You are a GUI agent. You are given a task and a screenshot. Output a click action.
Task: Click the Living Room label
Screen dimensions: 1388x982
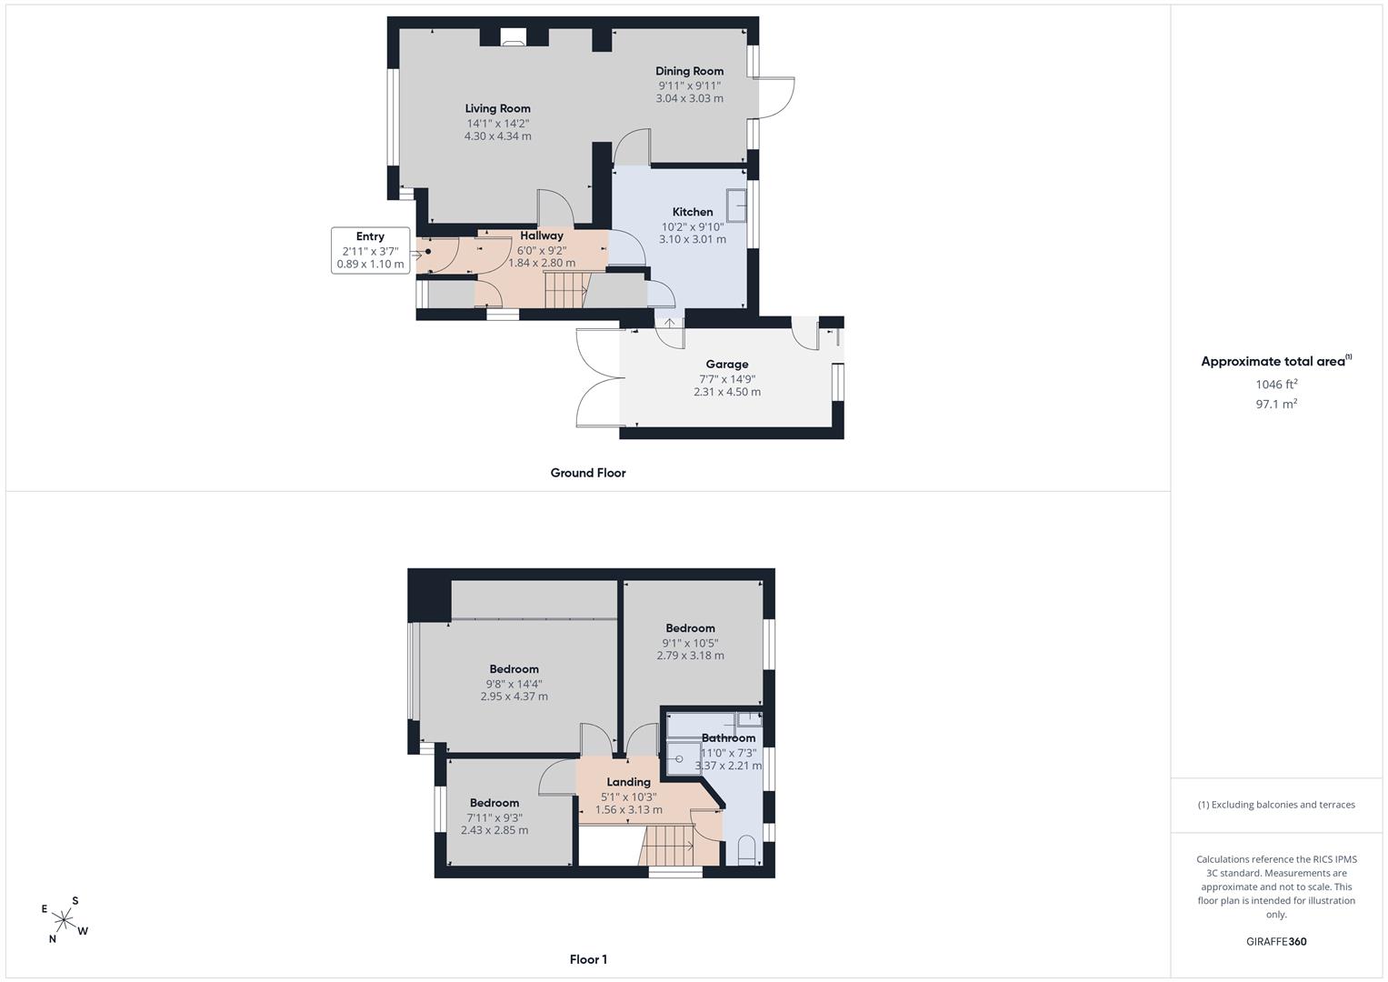pos(497,108)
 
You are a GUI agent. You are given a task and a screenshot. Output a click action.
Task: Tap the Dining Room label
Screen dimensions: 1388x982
pos(690,71)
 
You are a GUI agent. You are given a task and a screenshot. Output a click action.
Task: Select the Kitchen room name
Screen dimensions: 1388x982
pos(693,212)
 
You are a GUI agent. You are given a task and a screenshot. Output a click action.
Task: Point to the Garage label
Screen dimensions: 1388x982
pos(727,365)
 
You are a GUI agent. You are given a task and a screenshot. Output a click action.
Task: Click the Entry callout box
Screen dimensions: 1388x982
pos(371,250)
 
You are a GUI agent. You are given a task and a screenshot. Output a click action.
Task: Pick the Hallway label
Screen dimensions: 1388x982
pos(542,235)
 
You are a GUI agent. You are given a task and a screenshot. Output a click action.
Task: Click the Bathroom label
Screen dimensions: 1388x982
pos(729,738)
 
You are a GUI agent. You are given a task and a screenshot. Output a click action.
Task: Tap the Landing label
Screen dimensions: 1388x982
pos(628,782)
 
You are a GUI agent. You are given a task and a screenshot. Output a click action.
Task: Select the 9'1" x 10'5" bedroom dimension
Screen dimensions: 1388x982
pos(690,643)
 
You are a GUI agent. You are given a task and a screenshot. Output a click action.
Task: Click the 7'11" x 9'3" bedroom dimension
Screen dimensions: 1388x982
pos(494,817)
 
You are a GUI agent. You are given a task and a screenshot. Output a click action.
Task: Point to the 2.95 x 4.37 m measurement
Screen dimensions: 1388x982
pos(514,696)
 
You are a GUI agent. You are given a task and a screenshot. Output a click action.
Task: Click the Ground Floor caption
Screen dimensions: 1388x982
pos(588,473)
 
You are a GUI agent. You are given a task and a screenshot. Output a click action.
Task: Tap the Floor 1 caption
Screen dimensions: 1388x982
pos(588,959)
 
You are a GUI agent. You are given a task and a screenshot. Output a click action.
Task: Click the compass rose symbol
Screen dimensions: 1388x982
pos(64,920)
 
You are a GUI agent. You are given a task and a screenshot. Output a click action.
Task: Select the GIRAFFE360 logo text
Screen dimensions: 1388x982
pos(1276,942)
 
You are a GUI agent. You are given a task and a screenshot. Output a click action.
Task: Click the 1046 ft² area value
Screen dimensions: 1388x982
pos(1276,385)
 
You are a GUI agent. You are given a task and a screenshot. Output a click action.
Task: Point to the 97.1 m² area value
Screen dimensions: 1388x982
pos(1276,405)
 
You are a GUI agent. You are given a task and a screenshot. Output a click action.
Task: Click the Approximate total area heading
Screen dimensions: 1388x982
pos(1276,362)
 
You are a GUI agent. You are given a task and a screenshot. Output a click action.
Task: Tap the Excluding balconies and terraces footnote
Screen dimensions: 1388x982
pos(1276,805)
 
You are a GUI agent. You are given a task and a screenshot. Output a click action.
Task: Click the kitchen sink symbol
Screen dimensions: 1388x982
pos(737,205)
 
